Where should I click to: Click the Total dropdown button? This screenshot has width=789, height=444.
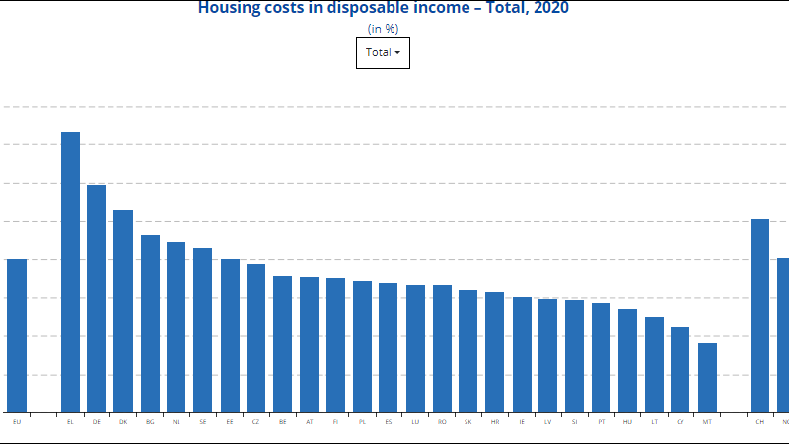383,53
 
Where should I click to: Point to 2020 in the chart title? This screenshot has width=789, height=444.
549,8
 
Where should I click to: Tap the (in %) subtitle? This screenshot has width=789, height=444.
383,29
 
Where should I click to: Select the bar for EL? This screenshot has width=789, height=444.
70,272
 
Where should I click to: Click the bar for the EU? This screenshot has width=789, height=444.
17,335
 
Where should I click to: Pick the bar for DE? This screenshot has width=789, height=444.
97,298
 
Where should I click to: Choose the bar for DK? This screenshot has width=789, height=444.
123,311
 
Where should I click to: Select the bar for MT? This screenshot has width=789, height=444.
707,378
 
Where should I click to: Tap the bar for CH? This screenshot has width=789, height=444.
760,316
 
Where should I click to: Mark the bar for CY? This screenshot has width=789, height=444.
681,369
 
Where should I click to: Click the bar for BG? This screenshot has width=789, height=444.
150,324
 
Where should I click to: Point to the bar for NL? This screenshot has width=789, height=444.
177,327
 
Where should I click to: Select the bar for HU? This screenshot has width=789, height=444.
627,360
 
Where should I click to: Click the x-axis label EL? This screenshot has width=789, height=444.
70,422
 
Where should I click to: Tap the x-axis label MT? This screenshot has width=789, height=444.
707,422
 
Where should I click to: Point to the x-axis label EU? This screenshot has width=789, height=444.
17,422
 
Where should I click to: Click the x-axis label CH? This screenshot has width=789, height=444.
760,422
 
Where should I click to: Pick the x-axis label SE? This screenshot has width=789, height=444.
203,422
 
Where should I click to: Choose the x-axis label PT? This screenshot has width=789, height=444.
601,422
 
